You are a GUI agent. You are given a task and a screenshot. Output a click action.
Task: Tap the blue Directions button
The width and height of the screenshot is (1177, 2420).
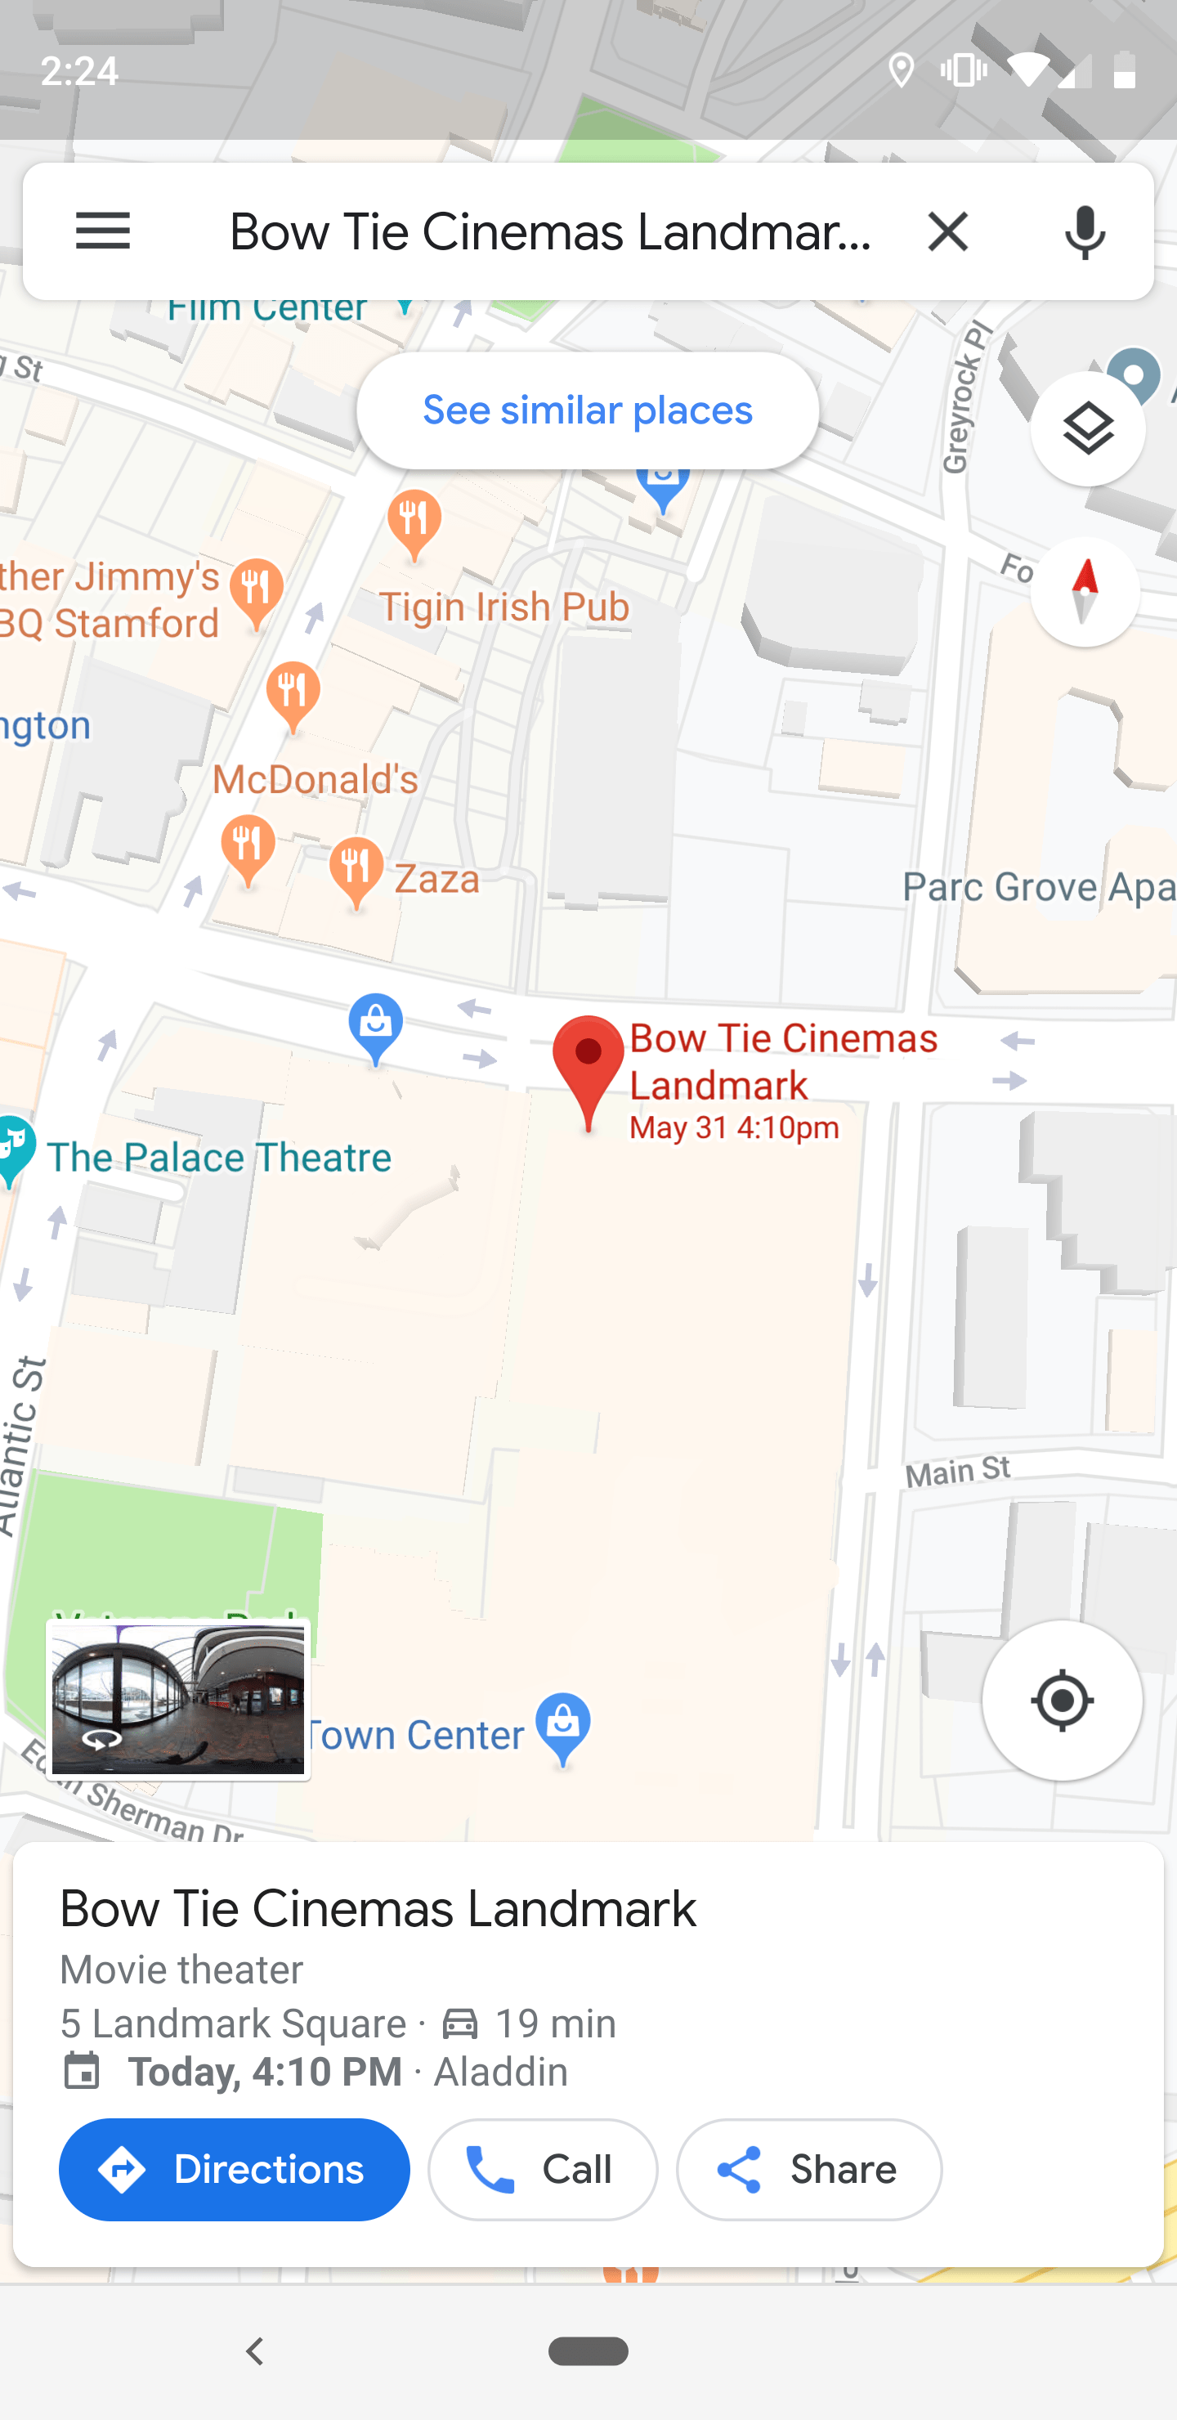coord(234,2169)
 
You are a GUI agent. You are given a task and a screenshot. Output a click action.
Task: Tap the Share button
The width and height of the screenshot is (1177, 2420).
coord(808,2169)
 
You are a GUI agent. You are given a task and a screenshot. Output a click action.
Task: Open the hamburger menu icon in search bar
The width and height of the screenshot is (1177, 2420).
coord(102,231)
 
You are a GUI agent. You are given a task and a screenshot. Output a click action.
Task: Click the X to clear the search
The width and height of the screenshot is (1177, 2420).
coord(947,231)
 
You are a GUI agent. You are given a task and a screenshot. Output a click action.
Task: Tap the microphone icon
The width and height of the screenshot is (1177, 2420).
coord(1084,231)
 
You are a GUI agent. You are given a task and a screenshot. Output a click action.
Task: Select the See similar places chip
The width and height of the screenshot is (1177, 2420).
coord(587,410)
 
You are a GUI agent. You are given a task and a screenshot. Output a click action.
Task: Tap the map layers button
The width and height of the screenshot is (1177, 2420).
coord(1087,429)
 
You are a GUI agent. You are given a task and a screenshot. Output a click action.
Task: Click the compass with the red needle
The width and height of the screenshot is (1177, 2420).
coord(1084,591)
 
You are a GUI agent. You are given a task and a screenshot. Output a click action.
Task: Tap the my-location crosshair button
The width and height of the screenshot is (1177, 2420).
coord(1062,1700)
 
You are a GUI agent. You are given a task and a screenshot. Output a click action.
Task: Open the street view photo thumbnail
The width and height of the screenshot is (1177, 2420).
coord(178,1700)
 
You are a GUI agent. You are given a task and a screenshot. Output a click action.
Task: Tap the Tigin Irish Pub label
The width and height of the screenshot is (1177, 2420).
coord(503,607)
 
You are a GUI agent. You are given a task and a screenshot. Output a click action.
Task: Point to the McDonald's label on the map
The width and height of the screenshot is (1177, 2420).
coord(315,779)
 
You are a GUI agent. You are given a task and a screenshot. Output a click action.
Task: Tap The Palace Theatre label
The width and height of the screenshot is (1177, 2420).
coord(218,1158)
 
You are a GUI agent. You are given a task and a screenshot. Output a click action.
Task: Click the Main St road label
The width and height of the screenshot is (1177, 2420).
coord(957,1470)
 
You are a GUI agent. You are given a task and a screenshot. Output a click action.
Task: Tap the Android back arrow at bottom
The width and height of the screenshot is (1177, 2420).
coord(254,2351)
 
